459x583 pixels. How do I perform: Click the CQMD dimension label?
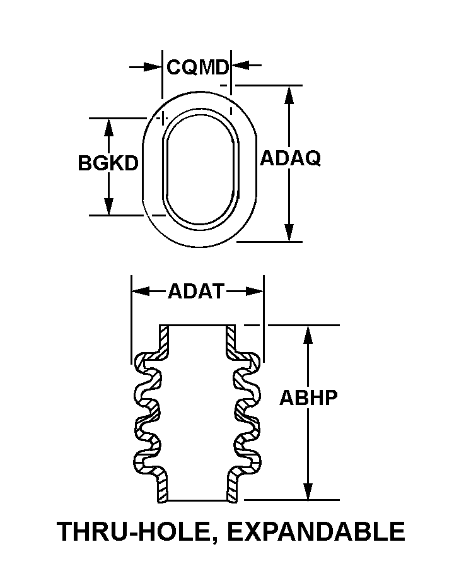(x=197, y=66)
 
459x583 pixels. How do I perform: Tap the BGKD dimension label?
(x=108, y=163)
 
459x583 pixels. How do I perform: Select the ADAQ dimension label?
(x=290, y=158)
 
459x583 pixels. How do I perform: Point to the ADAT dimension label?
(x=196, y=291)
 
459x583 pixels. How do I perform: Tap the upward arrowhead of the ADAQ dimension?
(x=289, y=95)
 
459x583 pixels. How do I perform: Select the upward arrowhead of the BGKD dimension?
(x=108, y=127)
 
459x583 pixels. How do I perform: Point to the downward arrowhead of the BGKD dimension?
(x=108, y=206)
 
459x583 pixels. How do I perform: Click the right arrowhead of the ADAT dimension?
(x=254, y=291)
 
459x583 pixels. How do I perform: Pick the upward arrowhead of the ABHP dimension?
(x=308, y=335)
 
